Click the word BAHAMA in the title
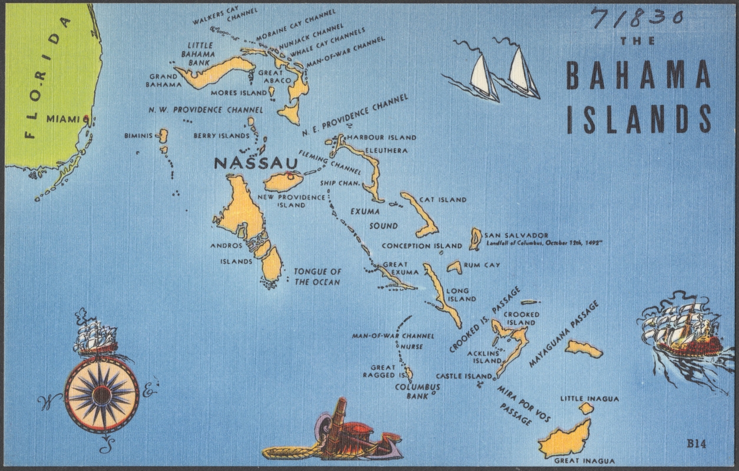point(638,76)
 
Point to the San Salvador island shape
point(475,239)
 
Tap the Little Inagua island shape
point(586,408)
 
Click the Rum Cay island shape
point(454,267)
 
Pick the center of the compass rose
point(102,395)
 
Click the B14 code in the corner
point(695,444)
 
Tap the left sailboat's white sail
point(481,75)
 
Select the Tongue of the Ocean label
point(317,277)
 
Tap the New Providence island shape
point(283,181)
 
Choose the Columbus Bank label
point(417,391)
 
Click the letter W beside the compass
point(46,403)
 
